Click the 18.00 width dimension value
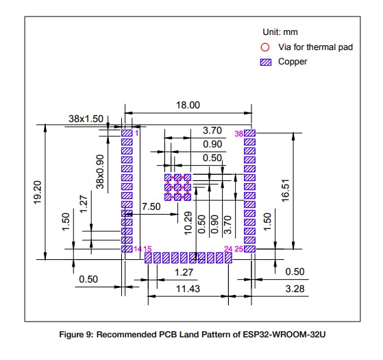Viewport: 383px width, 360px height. click(x=188, y=106)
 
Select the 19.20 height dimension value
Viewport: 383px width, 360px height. click(x=38, y=191)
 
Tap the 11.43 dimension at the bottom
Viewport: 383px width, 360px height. click(x=188, y=290)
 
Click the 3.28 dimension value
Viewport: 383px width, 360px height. click(x=294, y=290)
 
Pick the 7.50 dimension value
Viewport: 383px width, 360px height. click(x=151, y=206)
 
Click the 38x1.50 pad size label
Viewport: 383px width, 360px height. click(x=86, y=119)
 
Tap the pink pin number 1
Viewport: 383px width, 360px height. click(x=137, y=133)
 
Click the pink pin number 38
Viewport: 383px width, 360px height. click(x=239, y=133)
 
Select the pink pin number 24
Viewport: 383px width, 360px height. click(x=229, y=248)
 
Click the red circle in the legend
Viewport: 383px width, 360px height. click(x=266, y=47)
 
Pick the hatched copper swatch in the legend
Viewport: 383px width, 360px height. click(x=266, y=62)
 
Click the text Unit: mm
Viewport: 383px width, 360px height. click(x=280, y=32)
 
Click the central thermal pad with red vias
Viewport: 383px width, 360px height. click(x=177, y=187)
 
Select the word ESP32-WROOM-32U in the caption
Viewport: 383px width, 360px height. click(x=296, y=335)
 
